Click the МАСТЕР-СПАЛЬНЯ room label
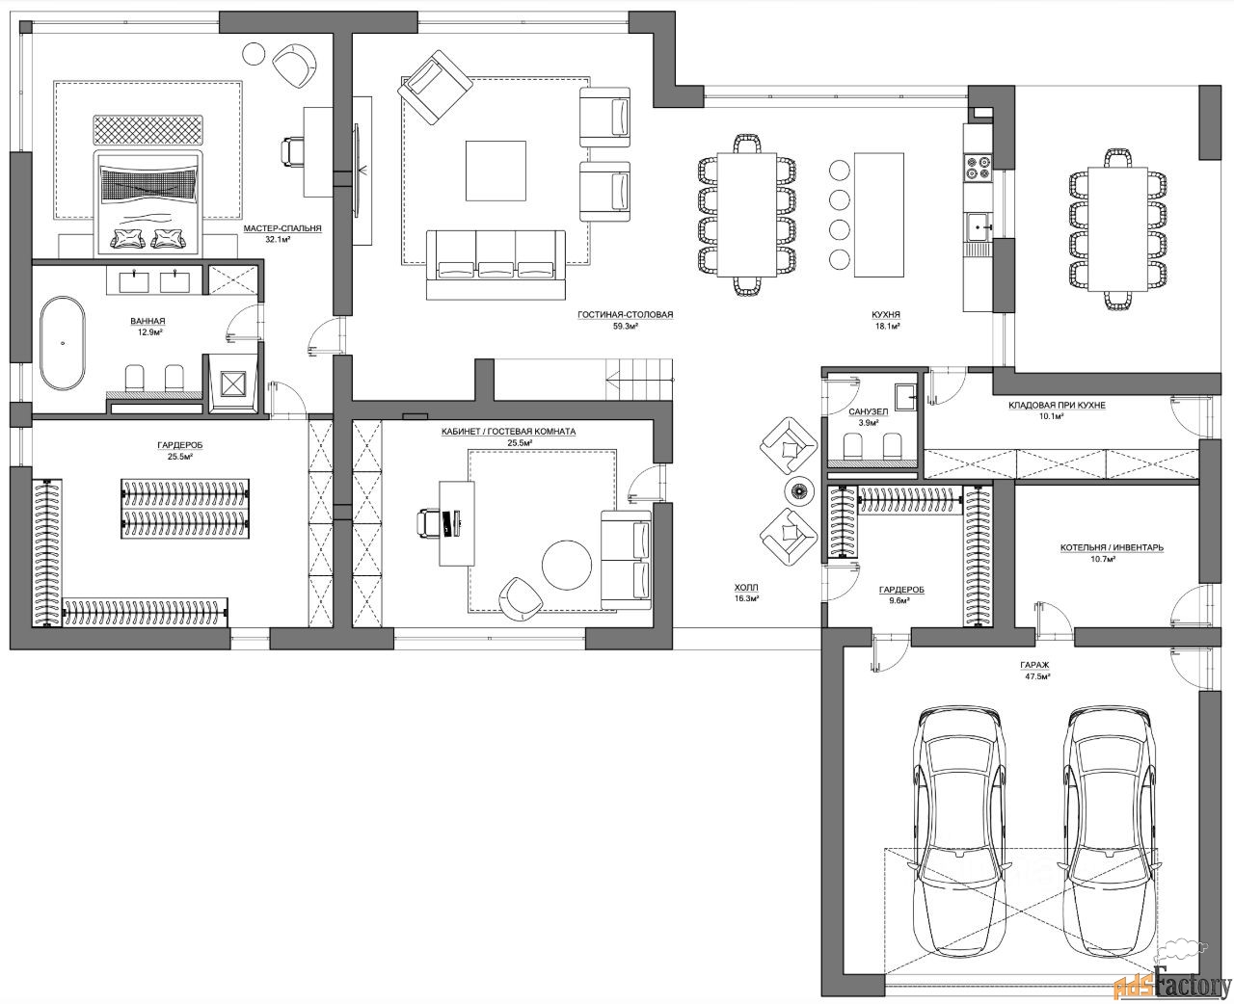click(282, 228)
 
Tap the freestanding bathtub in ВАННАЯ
click(63, 343)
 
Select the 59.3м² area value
click(625, 326)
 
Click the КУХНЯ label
click(886, 315)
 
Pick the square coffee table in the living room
click(496, 171)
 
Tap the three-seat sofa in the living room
click(496, 264)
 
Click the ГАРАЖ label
click(1034, 665)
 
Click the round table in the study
click(567, 566)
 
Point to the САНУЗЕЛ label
click(868, 411)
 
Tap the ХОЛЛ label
click(746, 588)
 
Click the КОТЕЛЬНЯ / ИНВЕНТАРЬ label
click(1112, 547)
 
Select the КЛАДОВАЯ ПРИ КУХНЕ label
click(1057, 406)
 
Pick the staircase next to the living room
click(639, 380)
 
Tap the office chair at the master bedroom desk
click(292, 152)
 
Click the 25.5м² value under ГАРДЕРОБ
click(179, 457)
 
